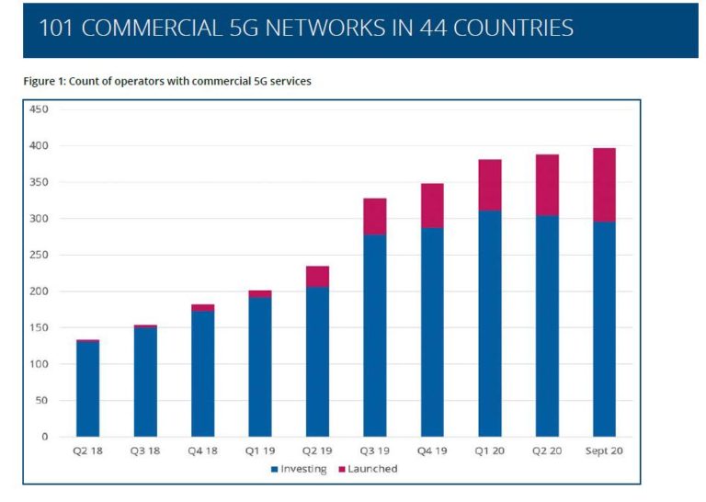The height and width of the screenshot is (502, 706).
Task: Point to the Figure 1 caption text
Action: click(167, 82)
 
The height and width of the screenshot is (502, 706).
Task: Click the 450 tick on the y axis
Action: click(40, 109)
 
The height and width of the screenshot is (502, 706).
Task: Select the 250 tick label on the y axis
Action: click(40, 255)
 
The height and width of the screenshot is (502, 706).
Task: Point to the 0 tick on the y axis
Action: click(44, 437)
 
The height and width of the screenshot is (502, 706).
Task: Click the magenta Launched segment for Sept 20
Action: click(604, 185)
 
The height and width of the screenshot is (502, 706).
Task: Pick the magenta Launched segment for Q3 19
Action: click(374, 217)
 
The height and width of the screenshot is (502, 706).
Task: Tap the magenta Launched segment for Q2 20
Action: click(547, 185)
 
